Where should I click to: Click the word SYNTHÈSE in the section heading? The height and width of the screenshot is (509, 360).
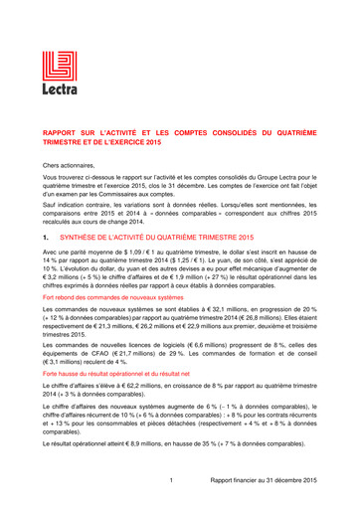tap(85, 239)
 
